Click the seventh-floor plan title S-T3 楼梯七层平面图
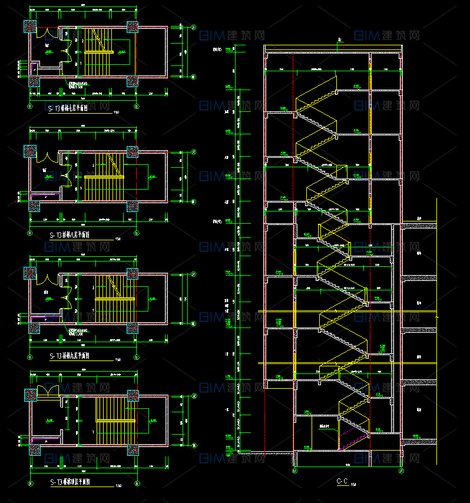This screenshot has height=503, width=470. coord(77,108)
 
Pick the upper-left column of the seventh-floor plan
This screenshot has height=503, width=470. coord(30,27)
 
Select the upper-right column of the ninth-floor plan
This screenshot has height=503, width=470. coord(133,273)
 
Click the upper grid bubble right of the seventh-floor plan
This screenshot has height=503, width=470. coord(194,27)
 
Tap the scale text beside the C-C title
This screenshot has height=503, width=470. coord(353,484)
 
